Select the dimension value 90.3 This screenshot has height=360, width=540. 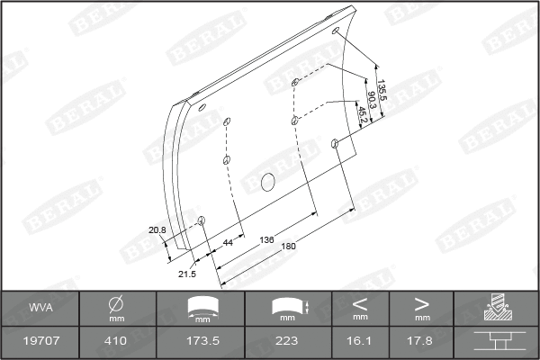[371, 99]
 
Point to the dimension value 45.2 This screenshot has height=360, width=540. [362, 114]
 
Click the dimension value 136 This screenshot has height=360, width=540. [267, 239]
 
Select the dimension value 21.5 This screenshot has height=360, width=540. [187, 274]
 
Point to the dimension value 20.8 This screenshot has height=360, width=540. [157, 230]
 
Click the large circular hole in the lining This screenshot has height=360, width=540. [267, 182]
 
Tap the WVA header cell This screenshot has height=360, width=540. [40, 308]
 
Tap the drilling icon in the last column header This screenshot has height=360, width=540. [497, 308]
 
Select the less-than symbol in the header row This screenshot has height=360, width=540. [360, 303]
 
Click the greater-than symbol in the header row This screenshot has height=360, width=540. [421, 303]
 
